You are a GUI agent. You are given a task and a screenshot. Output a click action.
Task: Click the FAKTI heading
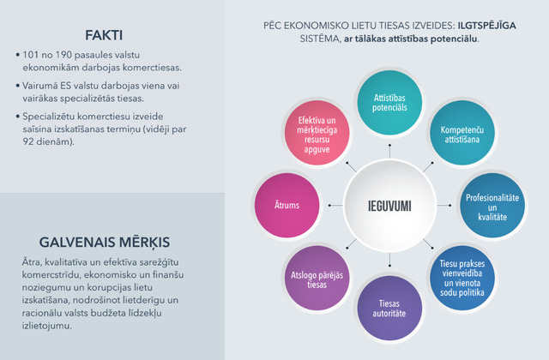pos(104,35)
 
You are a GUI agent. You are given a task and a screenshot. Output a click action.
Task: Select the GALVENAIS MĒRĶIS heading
pos(105,243)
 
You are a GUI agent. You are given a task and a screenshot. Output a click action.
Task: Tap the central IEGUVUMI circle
pos(389,206)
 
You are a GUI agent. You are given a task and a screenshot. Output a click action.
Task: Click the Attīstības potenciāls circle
pos(389,103)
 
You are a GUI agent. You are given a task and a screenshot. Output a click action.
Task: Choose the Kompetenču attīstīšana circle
pos(462,133)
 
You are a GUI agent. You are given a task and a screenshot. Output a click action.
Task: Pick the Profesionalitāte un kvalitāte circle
pos(492,206)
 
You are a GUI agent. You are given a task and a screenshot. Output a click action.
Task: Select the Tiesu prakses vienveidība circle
pos(462,278)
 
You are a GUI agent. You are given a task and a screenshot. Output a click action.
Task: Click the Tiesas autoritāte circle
pos(389,308)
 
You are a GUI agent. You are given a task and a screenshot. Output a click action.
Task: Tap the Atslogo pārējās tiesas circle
pos(317,278)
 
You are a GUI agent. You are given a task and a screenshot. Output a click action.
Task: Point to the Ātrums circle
pos(287,206)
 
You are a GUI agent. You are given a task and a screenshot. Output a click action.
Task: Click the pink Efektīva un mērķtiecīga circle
pos(317,133)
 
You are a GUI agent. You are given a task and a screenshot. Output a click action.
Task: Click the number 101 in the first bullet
pos(31,55)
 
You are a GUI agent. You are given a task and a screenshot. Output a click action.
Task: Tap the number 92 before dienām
pos(28,141)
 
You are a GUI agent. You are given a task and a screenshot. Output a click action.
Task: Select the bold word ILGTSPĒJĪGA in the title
pos(486,26)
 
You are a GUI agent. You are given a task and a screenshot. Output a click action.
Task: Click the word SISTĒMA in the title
pos(320,39)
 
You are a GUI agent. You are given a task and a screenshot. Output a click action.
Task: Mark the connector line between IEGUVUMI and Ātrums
pos(335,206)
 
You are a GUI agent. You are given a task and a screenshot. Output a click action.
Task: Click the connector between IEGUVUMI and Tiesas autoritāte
pos(389,259)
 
